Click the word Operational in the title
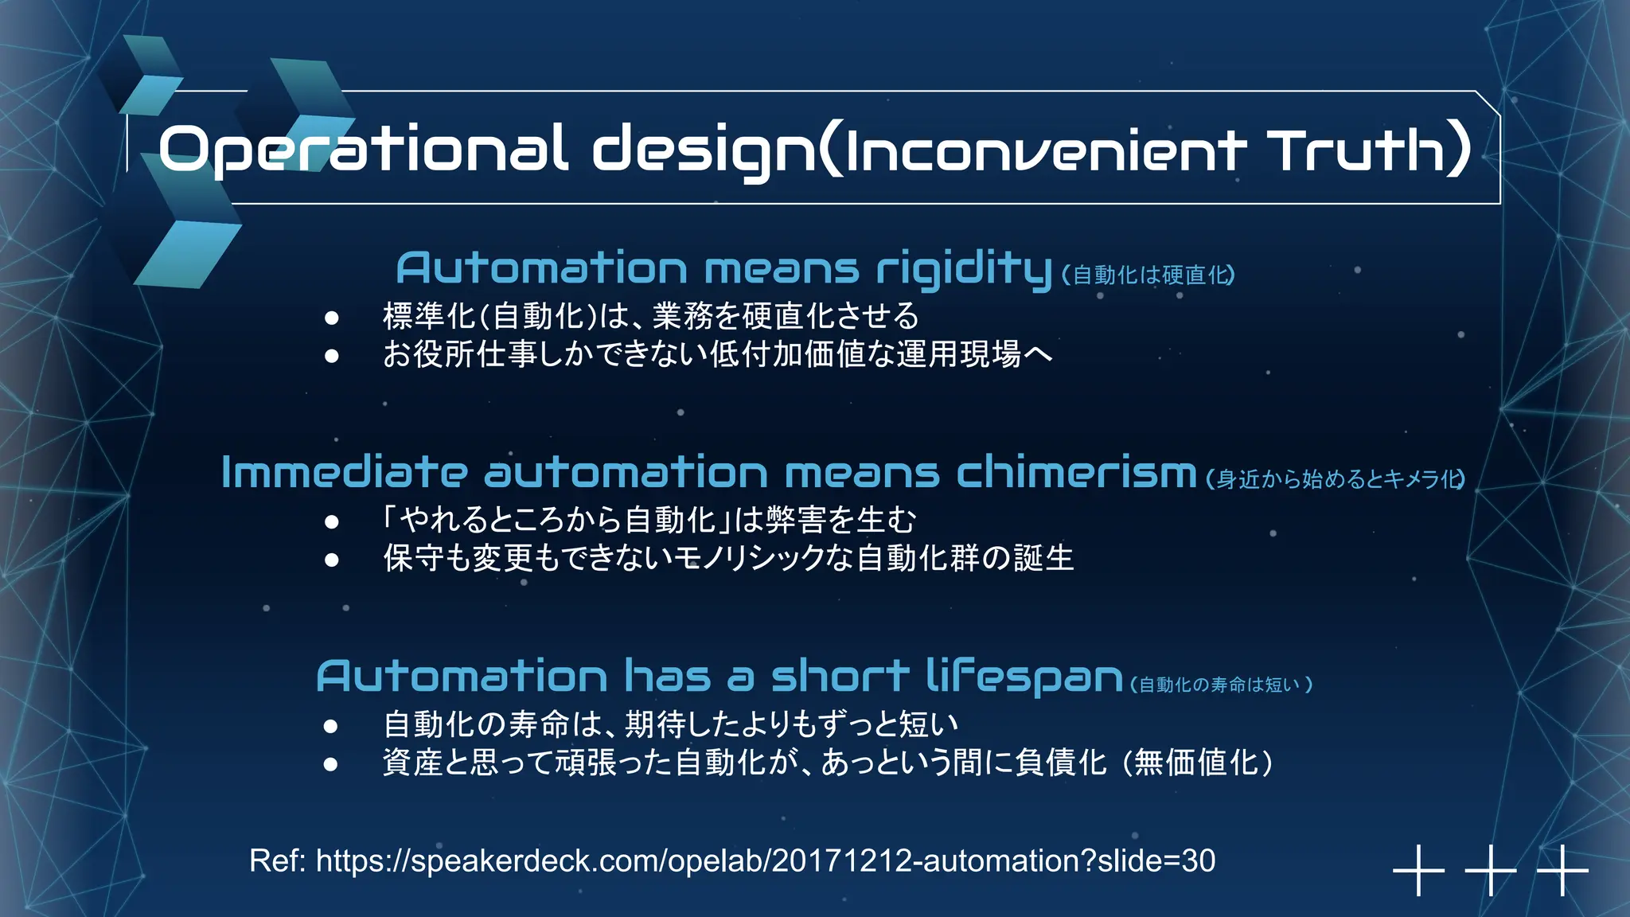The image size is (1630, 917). [x=363, y=150]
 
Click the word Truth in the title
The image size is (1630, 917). [x=1357, y=150]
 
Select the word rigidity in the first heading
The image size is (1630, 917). [x=963, y=268]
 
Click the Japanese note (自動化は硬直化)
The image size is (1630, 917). [x=1148, y=275]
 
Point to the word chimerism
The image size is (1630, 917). [x=1076, y=473]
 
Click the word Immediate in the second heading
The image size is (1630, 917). [x=344, y=473]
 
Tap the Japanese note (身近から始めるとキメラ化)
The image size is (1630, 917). [x=1336, y=479]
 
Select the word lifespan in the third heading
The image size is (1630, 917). [x=1024, y=677]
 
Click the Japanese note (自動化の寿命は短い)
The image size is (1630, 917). [x=1221, y=685]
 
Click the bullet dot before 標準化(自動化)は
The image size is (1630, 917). [x=332, y=318]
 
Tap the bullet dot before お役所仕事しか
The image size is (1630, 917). [x=332, y=356]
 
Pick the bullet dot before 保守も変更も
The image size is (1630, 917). [x=332, y=560]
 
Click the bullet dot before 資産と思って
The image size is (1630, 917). [x=332, y=764]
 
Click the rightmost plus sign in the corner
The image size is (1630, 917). [x=1562, y=870]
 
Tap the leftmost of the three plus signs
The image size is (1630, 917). [x=1418, y=870]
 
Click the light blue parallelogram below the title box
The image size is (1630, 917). [x=188, y=255]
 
